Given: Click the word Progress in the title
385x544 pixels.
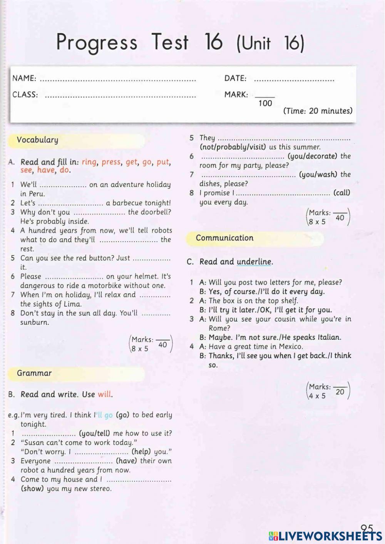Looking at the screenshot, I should [x=97, y=42].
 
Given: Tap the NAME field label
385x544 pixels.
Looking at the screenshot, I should [x=24, y=78].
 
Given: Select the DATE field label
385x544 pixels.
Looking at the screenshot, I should [x=235, y=78].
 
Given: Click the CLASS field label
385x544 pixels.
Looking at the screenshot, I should [x=25, y=95].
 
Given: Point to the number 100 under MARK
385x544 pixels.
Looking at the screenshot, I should [x=265, y=103].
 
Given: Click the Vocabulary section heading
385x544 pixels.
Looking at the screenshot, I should [x=37, y=140].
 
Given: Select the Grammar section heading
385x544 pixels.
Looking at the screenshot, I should [x=34, y=373].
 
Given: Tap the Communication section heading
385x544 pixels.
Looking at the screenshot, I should [x=224, y=238].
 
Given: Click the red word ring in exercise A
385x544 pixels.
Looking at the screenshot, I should [x=89, y=162].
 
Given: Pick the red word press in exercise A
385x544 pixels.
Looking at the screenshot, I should [x=111, y=162].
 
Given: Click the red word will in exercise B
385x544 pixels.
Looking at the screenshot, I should [x=104, y=395].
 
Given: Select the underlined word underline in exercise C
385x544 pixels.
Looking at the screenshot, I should [x=254, y=262].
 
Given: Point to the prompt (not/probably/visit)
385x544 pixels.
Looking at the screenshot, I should [x=233, y=147].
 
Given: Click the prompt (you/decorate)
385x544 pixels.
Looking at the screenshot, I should [x=312, y=156].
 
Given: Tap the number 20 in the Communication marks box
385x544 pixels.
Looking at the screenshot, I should [x=340, y=392].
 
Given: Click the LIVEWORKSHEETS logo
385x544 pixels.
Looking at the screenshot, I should [x=325, y=536].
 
